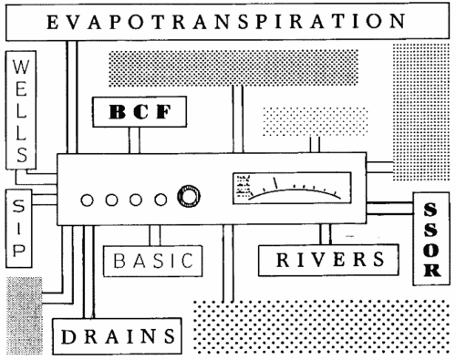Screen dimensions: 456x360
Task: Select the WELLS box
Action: (x=21, y=110)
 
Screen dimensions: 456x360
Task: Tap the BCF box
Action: (x=140, y=111)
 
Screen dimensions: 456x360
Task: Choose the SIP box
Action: (x=18, y=229)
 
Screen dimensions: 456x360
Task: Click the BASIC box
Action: (x=152, y=261)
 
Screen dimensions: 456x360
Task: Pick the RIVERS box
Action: (x=328, y=260)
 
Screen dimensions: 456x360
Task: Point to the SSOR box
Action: (x=431, y=239)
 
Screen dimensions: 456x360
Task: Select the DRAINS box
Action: (x=117, y=336)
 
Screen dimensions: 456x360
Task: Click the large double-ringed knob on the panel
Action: (x=189, y=196)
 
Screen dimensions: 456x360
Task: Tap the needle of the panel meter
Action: (x=275, y=183)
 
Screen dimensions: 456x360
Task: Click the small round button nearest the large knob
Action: (x=161, y=201)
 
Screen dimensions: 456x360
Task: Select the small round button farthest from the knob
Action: (x=87, y=201)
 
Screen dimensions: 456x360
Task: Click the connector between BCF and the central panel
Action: (x=134, y=140)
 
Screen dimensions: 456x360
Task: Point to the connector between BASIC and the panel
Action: (x=155, y=235)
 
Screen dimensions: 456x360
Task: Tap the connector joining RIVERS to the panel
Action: (x=326, y=234)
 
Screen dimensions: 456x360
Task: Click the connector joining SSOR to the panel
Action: (x=389, y=208)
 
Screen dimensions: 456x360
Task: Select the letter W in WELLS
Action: (x=21, y=67)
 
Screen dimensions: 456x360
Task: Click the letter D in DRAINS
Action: (x=69, y=336)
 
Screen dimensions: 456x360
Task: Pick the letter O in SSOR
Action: (x=431, y=250)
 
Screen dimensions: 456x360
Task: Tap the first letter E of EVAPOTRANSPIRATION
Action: (x=52, y=22)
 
